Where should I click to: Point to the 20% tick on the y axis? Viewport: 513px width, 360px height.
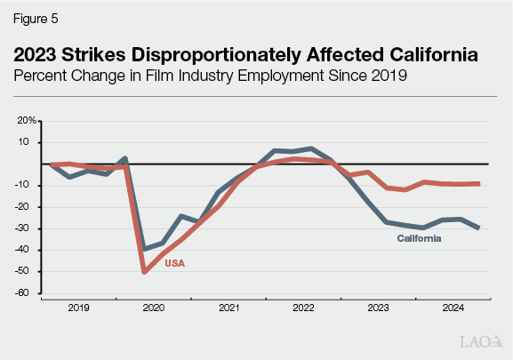point(28,120)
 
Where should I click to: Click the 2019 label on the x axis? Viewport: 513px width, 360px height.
point(79,308)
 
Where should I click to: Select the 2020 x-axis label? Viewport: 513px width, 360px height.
point(154,308)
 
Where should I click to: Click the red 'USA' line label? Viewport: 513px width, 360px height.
point(176,263)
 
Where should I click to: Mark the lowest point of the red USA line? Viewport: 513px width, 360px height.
point(145,272)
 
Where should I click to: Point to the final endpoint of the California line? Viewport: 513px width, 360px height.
point(480,228)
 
